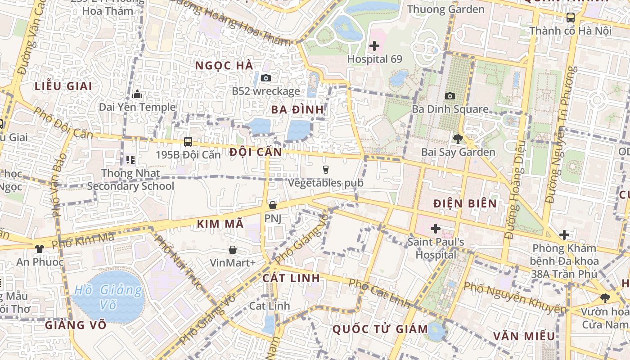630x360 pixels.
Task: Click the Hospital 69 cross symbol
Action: click(374, 45)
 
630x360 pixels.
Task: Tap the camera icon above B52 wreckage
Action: click(266, 78)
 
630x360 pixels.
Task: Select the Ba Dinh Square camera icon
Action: click(450, 96)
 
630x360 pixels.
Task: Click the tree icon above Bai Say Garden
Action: click(458, 139)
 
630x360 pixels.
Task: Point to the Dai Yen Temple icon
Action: click(137, 94)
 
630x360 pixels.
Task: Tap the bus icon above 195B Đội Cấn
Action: click(188, 141)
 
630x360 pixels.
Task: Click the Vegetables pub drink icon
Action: click(325, 170)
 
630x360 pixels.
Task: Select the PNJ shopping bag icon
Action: click(272, 205)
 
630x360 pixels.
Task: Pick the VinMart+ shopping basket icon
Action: click(233, 249)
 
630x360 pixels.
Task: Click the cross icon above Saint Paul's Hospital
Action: click(435, 229)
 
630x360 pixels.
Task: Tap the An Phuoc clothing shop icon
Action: click(40, 248)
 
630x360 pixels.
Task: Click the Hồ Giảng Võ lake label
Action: click(108, 297)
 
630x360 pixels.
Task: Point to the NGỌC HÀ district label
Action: click(224, 65)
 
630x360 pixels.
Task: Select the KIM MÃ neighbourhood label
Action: click(220, 223)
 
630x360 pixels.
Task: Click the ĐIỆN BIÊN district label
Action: click(465, 203)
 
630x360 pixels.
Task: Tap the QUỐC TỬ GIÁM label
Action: click(380, 329)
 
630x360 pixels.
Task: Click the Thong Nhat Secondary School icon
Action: click(130, 159)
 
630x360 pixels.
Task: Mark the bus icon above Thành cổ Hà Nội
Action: click(570, 18)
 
